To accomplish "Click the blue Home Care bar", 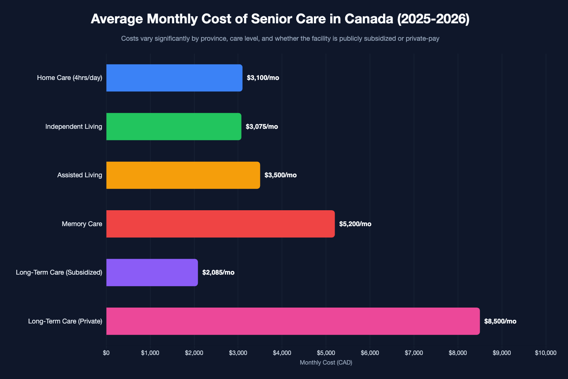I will pyautogui.click(x=174, y=78).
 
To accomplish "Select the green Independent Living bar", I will pyautogui.click(x=174, y=127).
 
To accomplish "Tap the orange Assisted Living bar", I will pyautogui.click(x=183, y=175).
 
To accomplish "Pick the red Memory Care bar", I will pyautogui.click(x=220, y=224).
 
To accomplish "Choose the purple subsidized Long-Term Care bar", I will pyautogui.click(x=152, y=272).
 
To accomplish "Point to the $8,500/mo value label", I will pyautogui.click(x=500, y=321).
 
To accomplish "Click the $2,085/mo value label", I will pyautogui.click(x=218, y=272).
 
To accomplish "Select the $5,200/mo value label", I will pyautogui.click(x=355, y=224).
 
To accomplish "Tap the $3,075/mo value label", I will pyautogui.click(x=262, y=127).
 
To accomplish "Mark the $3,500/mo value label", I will pyautogui.click(x=280, y=175).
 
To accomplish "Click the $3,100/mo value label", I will pyautogui.click(x=263, y=78).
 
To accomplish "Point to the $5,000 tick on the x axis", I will pyautogui.click(x=326, y=353).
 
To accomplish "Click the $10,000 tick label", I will pyautogui.click(x=545, y=353).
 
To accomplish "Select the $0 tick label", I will pyautogui.click(x=106, y=353).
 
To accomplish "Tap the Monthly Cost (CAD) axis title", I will pyautogui.click(x=326, y=363).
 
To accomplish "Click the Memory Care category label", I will pyautogui.click(x=82, y=224).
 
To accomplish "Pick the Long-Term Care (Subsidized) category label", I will pyautogui.click(x=59, y=272).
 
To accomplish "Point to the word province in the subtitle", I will pyautogui.click(x=214, y=38).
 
